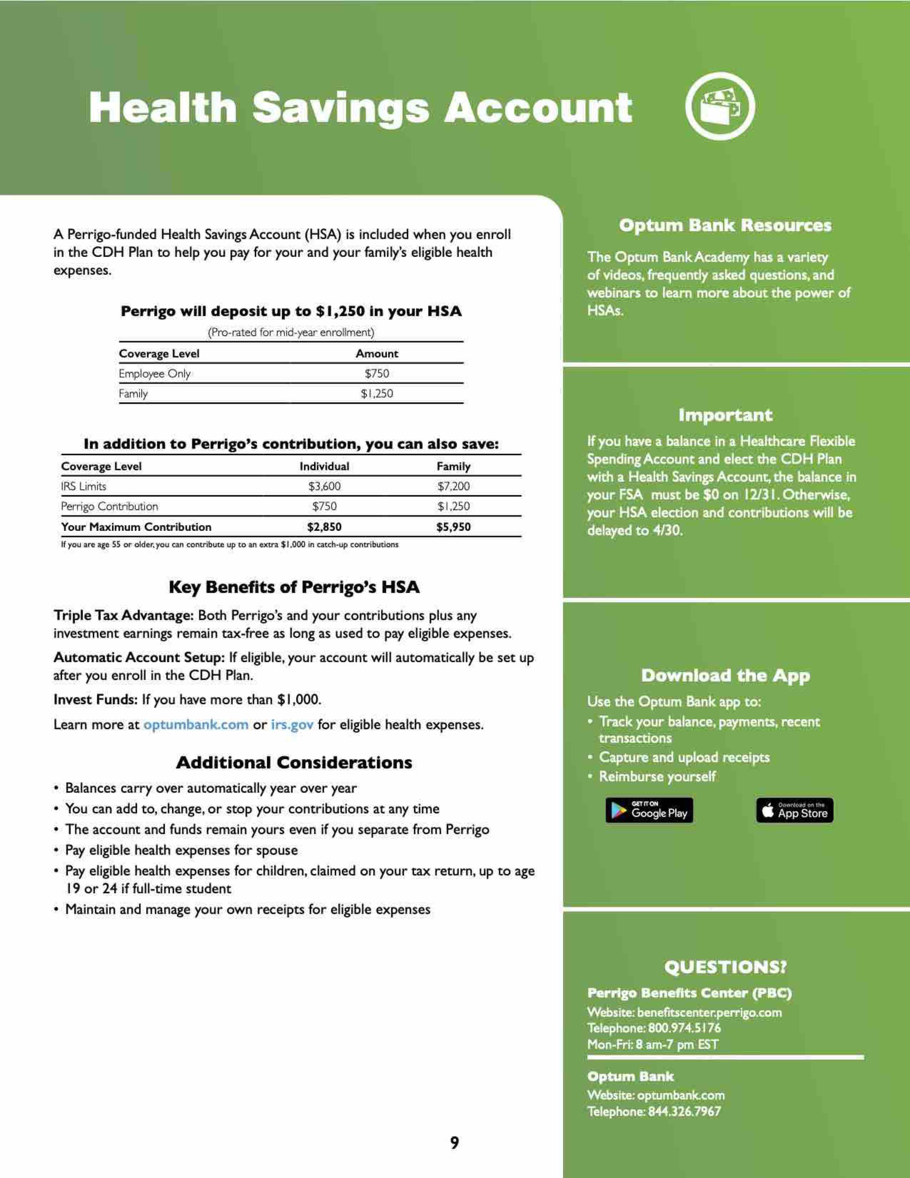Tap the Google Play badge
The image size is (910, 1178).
649,810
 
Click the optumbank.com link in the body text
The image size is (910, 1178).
196,724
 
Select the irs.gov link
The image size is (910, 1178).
292,724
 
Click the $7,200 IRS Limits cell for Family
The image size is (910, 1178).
453,486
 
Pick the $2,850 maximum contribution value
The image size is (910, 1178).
324,527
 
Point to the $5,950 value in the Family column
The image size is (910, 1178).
453,527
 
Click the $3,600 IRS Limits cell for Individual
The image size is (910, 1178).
324,486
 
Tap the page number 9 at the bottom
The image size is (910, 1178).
454,1142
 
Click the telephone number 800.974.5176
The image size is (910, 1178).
684,1028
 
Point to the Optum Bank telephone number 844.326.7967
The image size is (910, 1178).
684,1111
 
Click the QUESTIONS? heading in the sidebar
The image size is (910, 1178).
725,967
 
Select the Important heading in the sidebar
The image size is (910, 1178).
725,415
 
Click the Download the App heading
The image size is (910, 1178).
725,675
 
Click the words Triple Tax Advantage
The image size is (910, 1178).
123,615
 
